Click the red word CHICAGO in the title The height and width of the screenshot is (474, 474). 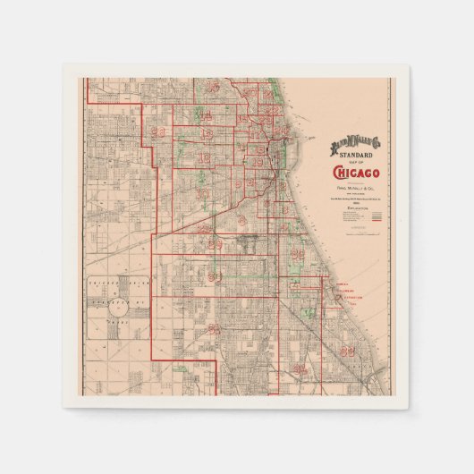point(356,173)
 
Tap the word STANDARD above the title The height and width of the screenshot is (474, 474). point(355,154)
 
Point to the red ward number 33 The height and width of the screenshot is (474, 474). point(347,351)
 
